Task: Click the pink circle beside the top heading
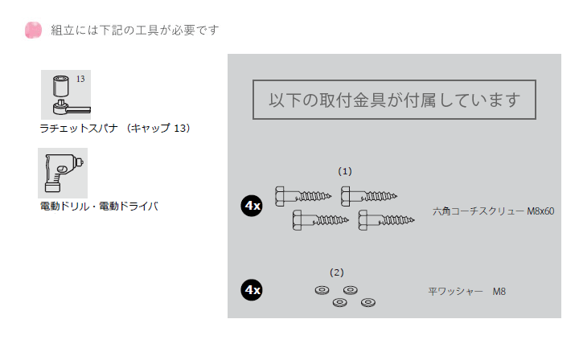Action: tap(33, 30)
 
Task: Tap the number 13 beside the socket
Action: tap(80, 79)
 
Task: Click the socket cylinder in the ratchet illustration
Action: tap(61, 86)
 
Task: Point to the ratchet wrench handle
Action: tap(80, 109)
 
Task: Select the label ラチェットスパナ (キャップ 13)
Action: tap(115, 129)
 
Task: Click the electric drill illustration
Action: tap(63, 173)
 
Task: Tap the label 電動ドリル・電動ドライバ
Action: tap(99, 207)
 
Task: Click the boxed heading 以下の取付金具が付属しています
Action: tap(394, 100)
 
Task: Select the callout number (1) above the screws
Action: tap(345, 171)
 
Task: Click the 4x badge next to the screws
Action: tap(252, 206)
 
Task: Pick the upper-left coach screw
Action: tap(303, 196)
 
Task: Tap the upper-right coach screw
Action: tap(369, 196)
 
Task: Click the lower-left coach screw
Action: tap(321, 220)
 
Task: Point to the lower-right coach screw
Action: tap(386, 220)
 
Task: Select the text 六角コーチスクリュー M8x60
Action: tap(493, 211)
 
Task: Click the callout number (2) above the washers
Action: tap(337, 272)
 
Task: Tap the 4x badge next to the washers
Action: tap(252, 290)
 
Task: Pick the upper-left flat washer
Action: tap(322, 290)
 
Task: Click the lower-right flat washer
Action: tap(368, 303)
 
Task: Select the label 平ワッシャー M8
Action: tap(466, 292)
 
